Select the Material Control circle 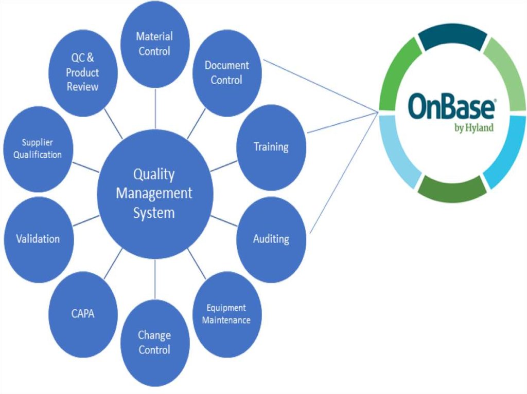(x=154, y=44)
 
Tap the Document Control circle (x=226, y=72)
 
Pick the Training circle (x=271, y=147)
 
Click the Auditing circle (x=271, y=239)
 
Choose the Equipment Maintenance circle (x=226, y=314)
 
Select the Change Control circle (x=154, y=343)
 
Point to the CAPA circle (x=83, y=313)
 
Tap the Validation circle (x=38, y=239)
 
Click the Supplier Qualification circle (x=38, y=148)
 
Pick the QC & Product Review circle (x=83, y=72)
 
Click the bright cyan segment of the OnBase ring (x=505, y=155)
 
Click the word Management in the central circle (x=154, y=194)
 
